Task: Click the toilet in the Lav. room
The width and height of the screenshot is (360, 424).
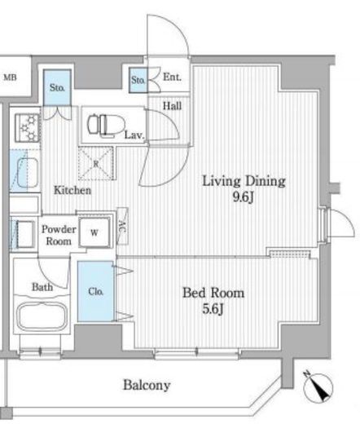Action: tap(106, 125)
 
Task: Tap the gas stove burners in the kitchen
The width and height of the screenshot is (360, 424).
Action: tap(28, 128)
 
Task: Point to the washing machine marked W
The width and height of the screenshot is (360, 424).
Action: tap(94, 232)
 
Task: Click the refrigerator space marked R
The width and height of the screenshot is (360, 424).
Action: tap(96, 163)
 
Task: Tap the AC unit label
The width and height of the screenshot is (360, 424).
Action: tap(122, 227)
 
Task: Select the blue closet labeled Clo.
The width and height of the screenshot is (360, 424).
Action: tap(95, 291)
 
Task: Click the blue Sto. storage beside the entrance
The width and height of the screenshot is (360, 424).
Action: tap(138, 80)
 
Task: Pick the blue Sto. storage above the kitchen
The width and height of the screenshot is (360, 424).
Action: tap(57, 87)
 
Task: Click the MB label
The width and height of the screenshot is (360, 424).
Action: tap(10, 77)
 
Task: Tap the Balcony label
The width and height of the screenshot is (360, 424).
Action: tap(147, 385)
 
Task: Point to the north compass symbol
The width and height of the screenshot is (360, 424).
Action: tap(318, 386)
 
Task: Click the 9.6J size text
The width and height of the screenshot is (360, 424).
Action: tap(244, 197)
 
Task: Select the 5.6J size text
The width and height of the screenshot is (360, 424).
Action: tap(213, 308)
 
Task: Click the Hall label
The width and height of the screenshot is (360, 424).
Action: tap(172, 105)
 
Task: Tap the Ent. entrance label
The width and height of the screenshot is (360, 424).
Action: tap(172, 77)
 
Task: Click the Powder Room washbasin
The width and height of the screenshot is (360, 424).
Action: tap(25, 234)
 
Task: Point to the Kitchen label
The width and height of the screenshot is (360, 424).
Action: tap(72, 190)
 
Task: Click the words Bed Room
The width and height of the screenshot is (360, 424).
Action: tap(213, 293)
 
